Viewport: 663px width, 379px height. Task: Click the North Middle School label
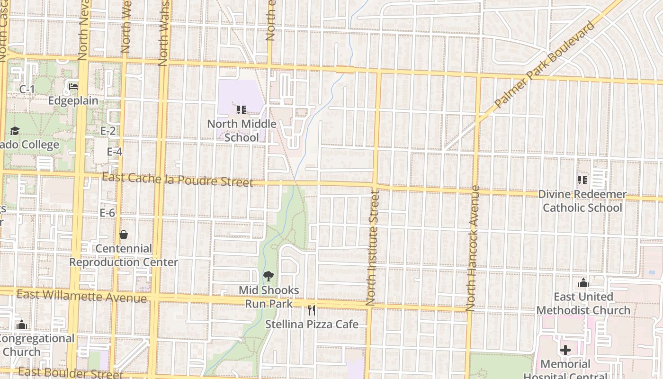(242, 130)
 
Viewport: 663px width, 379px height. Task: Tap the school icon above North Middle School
(241, 110)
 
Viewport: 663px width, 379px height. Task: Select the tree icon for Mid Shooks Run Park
(268, 276)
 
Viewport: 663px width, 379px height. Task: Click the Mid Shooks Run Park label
(269, 297)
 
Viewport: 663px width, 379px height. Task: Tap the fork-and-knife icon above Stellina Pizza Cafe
(311, 310)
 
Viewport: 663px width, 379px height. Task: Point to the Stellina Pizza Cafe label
(312, 325)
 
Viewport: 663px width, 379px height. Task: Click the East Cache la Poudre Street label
(177, 180)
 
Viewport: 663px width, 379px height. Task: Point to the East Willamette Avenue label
(81, 296)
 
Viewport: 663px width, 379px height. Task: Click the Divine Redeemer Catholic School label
(582, 201)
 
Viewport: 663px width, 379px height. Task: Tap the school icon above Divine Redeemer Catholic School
(582, 180)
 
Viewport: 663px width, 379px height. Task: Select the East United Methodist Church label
(583, 303)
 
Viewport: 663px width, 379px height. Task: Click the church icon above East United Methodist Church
(583, 283)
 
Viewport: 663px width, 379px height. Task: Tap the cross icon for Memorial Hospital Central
(565, 351)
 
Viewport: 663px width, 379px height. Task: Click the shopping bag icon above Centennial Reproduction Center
(124, 235)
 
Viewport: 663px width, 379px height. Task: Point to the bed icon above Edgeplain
(73, 87)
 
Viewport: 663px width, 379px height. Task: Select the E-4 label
(115, 152)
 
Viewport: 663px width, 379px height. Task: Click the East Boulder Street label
(71, 373)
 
